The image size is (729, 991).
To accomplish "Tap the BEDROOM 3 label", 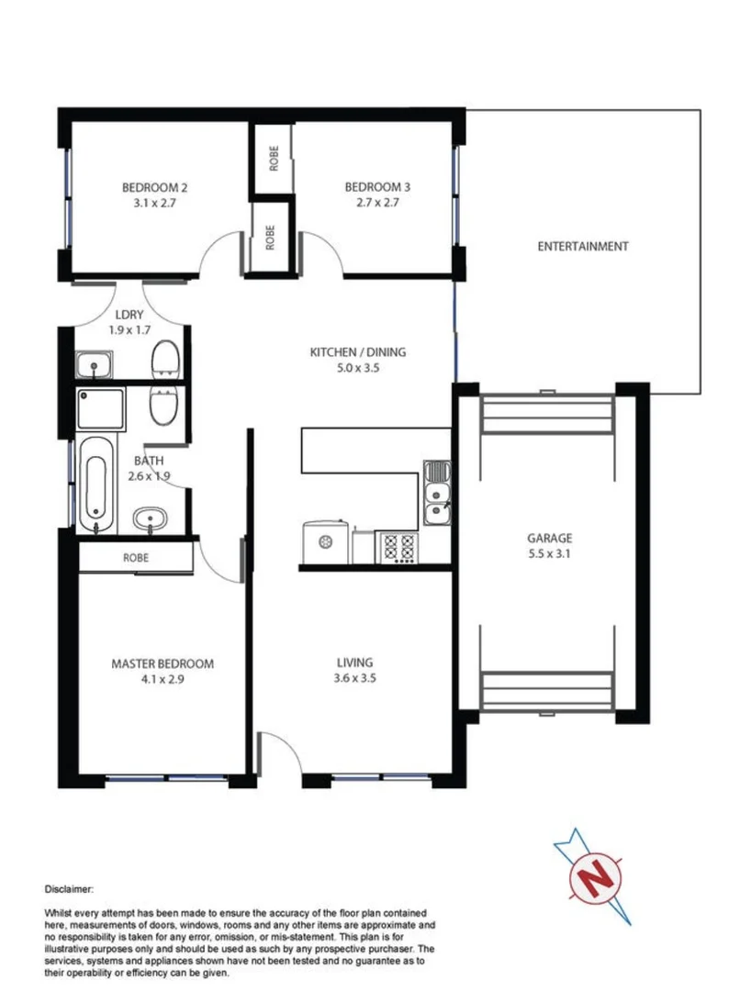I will pyautogui.click(x=377, y=188).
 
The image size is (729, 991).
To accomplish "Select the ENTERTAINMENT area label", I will pyautogui.click(x=582, y=246).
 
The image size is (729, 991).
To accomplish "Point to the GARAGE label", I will pyautogui.click(x=549, y=539).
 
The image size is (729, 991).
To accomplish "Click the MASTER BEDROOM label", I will pyautogui.click(x=163, y=663).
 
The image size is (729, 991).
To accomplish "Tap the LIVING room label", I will pyautogui.click(x=354, y=663).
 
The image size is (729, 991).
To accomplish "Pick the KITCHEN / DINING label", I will pyautogui.click(x=357, y=351).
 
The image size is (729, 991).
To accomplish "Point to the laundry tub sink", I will pyautogui.click(x=94, y=365).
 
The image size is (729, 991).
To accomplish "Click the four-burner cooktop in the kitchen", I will pyautogui.click(x=398, y=548).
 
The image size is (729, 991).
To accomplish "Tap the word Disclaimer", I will pyautogui.click(x=69, y=889).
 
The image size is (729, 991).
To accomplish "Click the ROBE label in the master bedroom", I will pyautogui.click(x=136, y=557).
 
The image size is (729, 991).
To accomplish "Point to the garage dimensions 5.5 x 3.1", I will pyautogui.click(x=549, y=554).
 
